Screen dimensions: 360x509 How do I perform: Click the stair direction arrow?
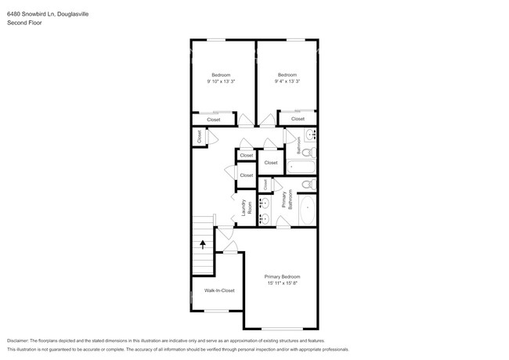tap(203, 243)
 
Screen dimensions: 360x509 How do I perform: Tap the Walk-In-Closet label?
tap(219, 290)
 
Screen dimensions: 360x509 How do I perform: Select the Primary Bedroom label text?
tap(282, 276)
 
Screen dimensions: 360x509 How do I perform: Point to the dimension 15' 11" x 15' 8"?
tap(282, 283)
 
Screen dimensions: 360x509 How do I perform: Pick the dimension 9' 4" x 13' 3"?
tap(287, 81)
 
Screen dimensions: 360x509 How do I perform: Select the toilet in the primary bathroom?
tap(309, 185)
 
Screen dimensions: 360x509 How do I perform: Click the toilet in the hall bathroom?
tap(309, 152)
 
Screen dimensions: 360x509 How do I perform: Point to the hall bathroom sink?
tap(309, 134)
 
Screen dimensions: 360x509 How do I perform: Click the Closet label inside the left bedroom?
tap(214, 120)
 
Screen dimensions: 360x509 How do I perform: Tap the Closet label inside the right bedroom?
tap(298, 119)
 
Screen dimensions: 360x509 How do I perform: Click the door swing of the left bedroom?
tap(247, 121)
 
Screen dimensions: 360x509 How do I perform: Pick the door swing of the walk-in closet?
tap(229, 248)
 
